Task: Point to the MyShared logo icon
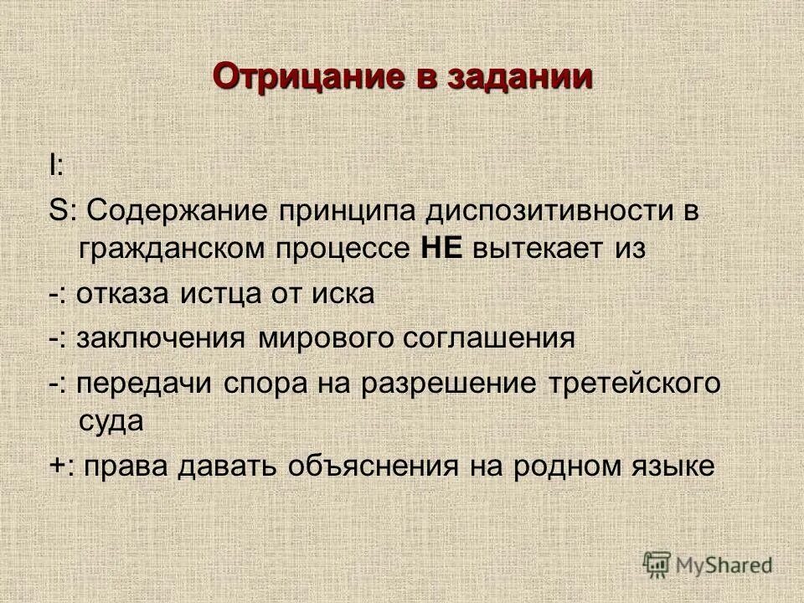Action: click(x=658, y=564)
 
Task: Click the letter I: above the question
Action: click(x=55, y=166)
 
